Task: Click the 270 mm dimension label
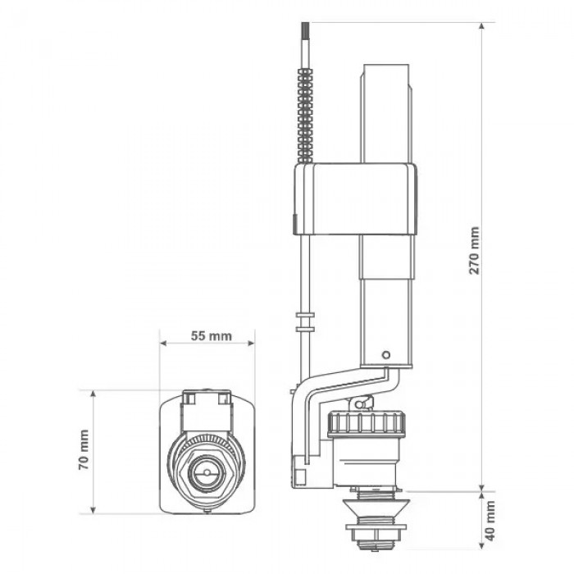pos(475,250)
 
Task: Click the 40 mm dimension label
pos(490,521)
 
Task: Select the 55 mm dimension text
pos(212,335)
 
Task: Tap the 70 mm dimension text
pos(84,450)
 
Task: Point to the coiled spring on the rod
pos(305,115)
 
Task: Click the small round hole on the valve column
pos(385,355)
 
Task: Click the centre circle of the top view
pos(206,472)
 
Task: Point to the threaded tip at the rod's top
pos(306,30)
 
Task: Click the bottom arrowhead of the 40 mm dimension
pos(482,544)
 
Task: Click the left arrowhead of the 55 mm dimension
pos(164,343)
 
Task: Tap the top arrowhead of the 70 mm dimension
pos(93,394)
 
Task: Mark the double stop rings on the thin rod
pos(305,322)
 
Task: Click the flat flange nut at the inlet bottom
pos(376,527)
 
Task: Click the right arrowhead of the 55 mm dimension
pos(251,343)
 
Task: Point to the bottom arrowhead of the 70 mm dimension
pos(93,509)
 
